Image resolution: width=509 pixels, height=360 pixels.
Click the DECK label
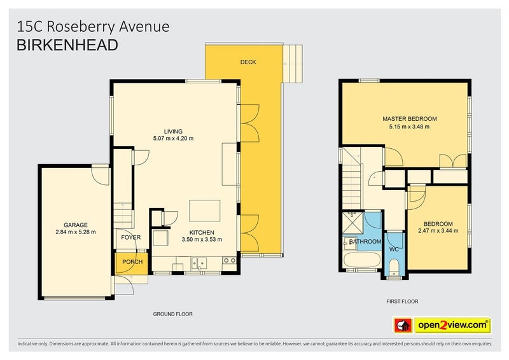pos(248,62)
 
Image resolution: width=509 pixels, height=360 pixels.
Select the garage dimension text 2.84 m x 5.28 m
pos(75,232)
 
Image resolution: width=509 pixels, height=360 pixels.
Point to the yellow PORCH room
pos(132,262)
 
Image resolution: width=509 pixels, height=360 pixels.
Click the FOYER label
pos(131,238)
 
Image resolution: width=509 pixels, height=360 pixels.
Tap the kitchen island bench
pos(204,211)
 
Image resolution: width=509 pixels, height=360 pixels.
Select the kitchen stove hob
pos(230,261)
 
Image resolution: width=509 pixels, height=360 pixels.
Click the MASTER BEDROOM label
pos(410,119)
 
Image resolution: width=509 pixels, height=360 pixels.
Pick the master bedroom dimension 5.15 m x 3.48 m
pos(410,127)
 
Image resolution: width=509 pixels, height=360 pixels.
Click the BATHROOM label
pos(365,242)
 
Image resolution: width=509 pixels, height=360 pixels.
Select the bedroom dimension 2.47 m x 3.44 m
pos(439,232)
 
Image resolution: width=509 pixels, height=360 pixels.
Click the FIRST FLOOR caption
pos(402,301)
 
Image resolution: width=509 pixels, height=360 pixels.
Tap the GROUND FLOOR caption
pos(172,314)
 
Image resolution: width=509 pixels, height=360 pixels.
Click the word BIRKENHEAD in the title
pos(66,45)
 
